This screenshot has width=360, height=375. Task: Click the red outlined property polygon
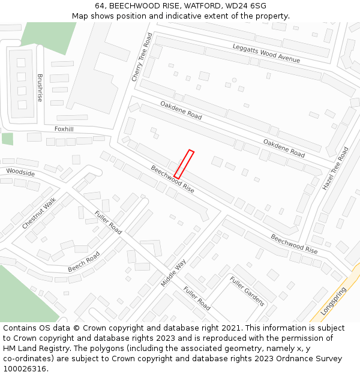[x=184, y=164]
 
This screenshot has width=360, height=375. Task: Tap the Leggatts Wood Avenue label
[x=266, y=53]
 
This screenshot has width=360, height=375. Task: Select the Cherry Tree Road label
[x=142, y=58]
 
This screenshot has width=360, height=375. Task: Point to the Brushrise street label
[x=40, y=88]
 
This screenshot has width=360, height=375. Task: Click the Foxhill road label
[x=64, y=129]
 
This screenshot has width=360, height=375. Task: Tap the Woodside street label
[x=20, y=173]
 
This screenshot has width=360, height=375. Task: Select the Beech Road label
[x=83, y=262]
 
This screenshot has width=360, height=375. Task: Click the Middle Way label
[x=173, y=272]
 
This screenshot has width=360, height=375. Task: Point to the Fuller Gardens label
[x=247, y=291]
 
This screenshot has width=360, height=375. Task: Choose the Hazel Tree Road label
[x=335, y=169]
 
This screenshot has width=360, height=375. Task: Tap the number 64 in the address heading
[x=100, y=6]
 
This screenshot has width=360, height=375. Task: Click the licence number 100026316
[x=25, y=368]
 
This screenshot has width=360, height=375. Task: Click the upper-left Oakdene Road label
[x=181, y=110]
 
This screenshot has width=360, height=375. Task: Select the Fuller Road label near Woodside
[x=108, y=223]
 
